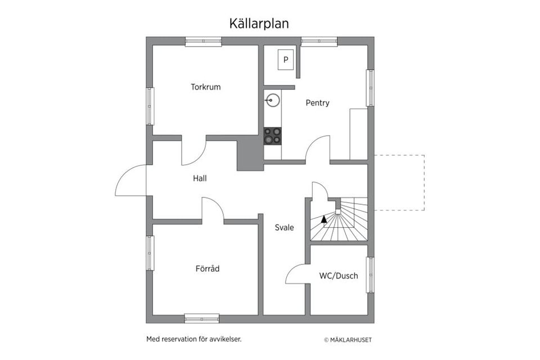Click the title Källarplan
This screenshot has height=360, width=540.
point(259,23)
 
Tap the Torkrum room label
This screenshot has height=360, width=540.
point(205,87)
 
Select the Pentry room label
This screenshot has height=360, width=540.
point(317,103)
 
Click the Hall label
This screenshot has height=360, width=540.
point(200,178)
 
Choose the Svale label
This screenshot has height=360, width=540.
point(284,228)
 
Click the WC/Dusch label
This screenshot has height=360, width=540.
point(338,276)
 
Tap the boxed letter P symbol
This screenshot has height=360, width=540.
point(286,59)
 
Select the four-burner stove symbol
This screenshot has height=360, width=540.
point(273,136)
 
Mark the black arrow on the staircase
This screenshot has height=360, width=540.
point(323,219)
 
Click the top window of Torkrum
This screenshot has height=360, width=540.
point(203,41)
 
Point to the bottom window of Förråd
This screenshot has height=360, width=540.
point(202,318)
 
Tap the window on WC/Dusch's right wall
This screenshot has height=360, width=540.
point(370,275)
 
